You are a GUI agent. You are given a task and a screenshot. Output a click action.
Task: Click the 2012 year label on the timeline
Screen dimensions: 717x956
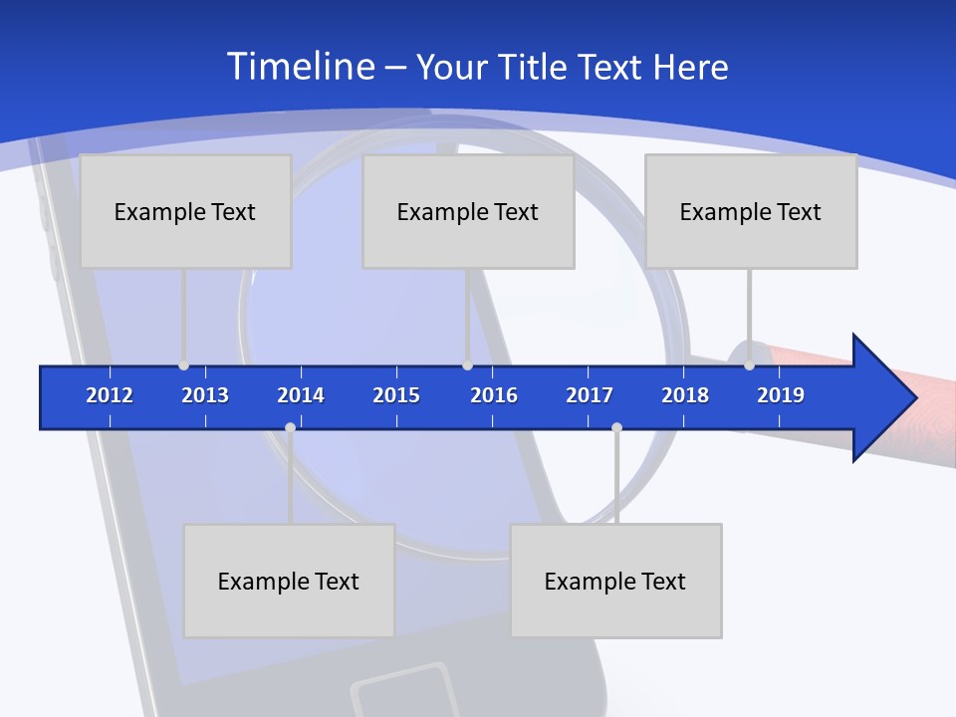point(110,395)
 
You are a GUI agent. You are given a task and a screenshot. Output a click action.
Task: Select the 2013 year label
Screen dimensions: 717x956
point(205,395)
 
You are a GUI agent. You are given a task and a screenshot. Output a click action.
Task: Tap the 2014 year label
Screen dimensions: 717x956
point(301,395)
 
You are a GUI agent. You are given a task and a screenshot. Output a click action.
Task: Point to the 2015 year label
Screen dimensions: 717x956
point(396,395)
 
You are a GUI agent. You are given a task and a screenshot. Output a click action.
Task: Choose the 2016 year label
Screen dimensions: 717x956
point(494,395)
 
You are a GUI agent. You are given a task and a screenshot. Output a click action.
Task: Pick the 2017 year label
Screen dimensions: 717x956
point(590,395)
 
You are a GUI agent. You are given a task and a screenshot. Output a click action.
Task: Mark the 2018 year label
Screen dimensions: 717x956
point(685,395)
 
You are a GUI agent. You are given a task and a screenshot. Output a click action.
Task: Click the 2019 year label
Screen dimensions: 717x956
point(781,395)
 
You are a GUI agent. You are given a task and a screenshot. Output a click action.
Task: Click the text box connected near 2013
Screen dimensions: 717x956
point(185,211)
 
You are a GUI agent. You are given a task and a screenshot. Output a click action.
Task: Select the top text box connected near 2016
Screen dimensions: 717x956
point(468,211)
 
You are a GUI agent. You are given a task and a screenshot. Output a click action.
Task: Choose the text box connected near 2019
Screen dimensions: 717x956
point(751,211)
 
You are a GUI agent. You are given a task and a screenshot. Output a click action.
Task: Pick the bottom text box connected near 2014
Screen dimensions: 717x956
point(289,581)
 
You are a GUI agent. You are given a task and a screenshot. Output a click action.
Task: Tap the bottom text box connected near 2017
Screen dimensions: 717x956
point(615,581)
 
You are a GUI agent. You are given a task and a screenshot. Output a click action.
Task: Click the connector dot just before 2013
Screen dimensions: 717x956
point(183,365)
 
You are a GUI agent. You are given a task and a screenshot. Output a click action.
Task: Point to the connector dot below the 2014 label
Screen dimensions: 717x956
point(290,428)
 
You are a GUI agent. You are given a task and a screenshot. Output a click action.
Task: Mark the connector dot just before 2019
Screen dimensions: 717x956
point(749,365)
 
